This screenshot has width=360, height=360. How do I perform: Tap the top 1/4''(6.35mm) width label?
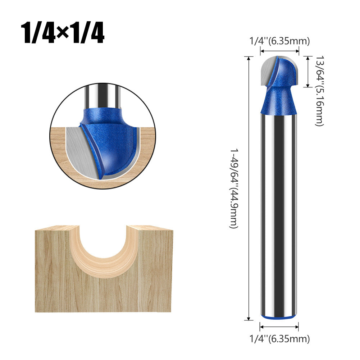279,41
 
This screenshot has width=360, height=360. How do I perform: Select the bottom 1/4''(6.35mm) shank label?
279,339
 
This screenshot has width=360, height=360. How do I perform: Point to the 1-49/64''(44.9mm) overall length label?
234,189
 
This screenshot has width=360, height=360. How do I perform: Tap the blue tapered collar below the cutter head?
279,102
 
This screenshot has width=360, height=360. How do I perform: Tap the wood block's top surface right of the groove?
149,228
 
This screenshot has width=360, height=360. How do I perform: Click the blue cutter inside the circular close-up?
111,144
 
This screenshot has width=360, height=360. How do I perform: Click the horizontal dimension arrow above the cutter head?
279,52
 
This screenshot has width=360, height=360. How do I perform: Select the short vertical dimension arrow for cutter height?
307,72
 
